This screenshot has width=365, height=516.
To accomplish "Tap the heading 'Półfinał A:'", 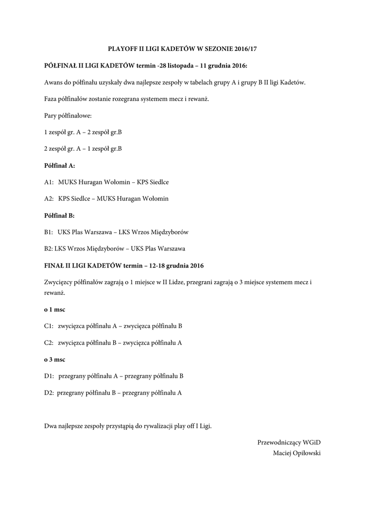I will (59, 165).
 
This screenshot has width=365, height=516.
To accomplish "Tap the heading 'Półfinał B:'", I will (59, 215).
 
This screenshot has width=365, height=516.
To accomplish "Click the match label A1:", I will (49, 182).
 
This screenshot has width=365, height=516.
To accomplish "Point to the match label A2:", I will (49, 199).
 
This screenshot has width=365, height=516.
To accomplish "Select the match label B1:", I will (49, 232).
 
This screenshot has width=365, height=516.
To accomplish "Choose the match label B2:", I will (48, 248).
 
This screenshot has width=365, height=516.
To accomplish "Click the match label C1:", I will (49, 326).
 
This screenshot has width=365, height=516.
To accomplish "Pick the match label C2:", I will (49, 343).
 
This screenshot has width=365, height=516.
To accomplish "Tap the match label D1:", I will (49, 376).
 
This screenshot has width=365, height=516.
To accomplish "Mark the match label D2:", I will (49, 393).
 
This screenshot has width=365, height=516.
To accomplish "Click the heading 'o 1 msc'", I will (54, 309).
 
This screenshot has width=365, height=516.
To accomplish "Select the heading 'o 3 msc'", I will (54, 359).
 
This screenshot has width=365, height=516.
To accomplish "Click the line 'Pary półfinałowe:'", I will (67, 116).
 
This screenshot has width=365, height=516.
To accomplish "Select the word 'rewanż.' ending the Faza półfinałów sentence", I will (198, 99).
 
